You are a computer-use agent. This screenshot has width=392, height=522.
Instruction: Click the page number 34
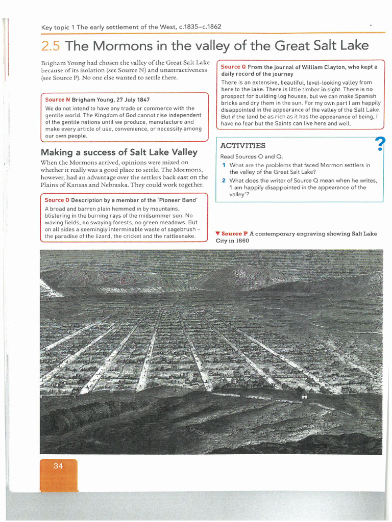(x=58, y=466)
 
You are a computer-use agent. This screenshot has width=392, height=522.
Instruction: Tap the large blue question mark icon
(x=380, y=145)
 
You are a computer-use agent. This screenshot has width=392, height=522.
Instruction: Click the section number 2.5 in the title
(x=51, y=46)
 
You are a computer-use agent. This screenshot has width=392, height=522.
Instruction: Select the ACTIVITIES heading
(x=243, y=146)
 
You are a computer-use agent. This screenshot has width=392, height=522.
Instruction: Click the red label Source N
(x=57, y=100)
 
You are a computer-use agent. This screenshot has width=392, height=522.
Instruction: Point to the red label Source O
(x=57, y=200)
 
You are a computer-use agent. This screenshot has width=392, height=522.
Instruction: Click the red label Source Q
(x=233, y=67)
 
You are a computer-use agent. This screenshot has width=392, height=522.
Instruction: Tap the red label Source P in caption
(x=235, y=233)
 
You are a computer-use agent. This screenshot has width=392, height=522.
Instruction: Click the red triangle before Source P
(x=218, y=233)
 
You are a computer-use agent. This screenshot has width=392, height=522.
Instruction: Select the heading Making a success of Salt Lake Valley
(x=119, y=152)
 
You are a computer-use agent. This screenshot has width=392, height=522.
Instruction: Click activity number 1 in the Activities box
(x=224, y=165)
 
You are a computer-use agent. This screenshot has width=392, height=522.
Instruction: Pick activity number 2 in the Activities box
(x=224, y=180)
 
